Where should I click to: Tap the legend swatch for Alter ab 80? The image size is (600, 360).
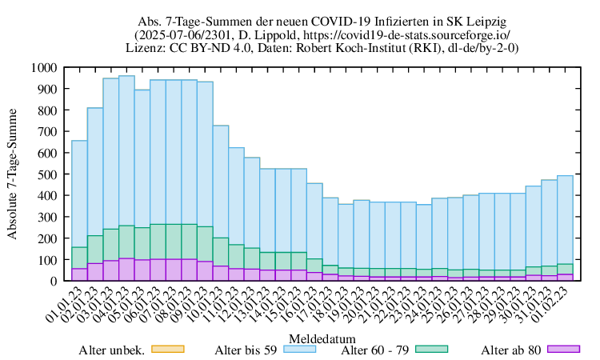pyautogui.click(x=563, y=349)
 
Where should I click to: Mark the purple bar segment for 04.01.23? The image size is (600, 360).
pyautogui.click(x=126, y=270)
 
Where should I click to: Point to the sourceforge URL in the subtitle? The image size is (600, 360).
pyautogui.click(x=423, y=34)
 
